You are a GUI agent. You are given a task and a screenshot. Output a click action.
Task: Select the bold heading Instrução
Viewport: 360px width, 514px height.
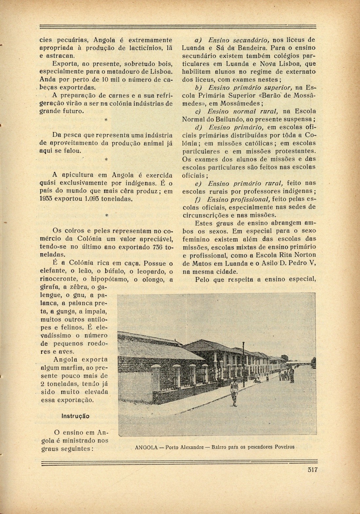[75, 416]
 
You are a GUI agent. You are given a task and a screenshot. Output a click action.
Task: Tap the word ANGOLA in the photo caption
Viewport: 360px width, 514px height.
[146, 447]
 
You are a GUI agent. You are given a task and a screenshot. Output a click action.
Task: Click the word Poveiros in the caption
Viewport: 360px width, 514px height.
[284, 447]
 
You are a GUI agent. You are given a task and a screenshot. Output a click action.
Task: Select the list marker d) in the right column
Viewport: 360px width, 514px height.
[199, 127]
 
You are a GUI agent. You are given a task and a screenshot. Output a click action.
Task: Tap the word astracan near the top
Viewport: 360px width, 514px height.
[62, 56]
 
